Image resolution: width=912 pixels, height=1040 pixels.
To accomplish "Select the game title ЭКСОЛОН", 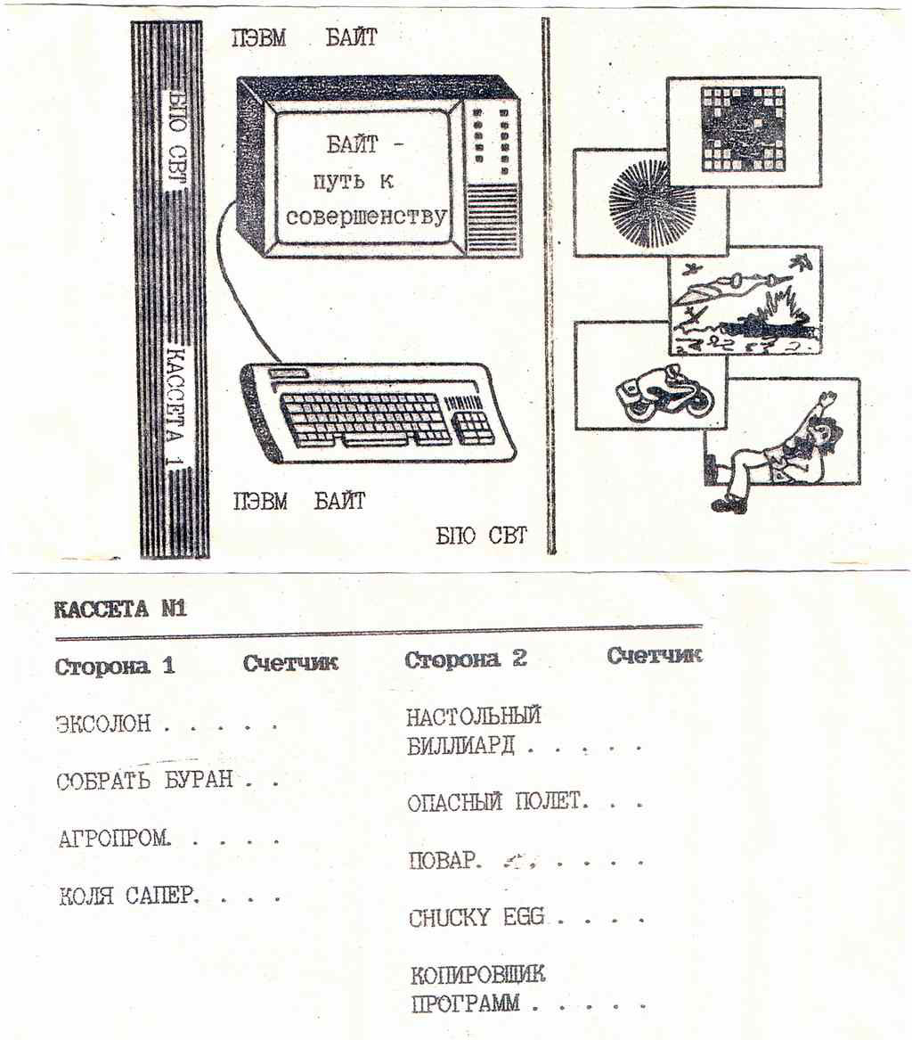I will pos(103,724).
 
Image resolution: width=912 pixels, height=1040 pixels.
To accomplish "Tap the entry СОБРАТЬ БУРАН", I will pos(144,781).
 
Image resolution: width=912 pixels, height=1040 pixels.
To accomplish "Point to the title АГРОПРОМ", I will pos(113,839).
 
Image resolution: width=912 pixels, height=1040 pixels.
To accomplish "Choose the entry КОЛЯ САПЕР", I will pos(127,896).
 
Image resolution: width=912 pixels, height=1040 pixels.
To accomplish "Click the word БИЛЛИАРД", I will pos(460,745).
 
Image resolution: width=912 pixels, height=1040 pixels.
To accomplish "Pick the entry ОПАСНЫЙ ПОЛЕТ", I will pos(498,802).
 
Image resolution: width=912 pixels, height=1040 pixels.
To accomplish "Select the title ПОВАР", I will pos(444,861).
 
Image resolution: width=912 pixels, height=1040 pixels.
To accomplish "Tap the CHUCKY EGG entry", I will pos(476,918).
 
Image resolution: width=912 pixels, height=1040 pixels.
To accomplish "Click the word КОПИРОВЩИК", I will pos(477,974).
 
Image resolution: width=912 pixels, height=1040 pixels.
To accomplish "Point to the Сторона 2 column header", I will pos(466,659).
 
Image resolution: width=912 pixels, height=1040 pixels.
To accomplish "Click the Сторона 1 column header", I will pos(115,666).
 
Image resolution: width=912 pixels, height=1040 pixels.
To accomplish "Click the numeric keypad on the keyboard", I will pos(474,425).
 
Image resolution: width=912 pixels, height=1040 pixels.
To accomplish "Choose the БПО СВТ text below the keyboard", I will pos(481,536).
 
